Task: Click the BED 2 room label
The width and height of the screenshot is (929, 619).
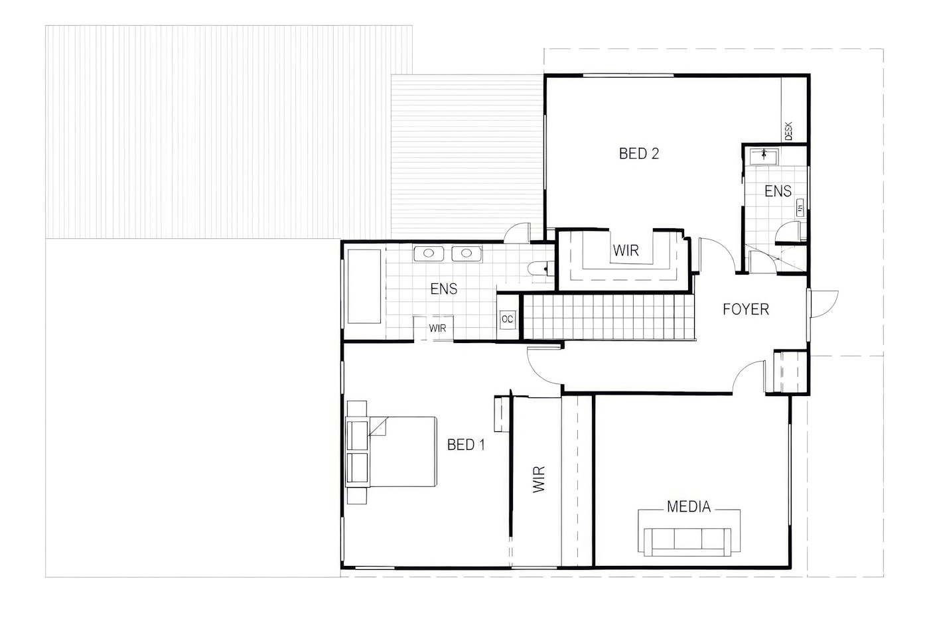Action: [638, 153]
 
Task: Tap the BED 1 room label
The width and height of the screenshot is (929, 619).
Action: [466, 445]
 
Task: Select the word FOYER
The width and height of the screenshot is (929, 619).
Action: [746, 309]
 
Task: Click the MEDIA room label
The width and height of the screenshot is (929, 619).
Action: [689, 508]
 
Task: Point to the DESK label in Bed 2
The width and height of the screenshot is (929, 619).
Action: [789, 131]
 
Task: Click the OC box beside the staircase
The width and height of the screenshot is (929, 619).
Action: [507, 320]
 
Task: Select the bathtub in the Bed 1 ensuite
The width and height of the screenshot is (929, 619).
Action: [364, 287]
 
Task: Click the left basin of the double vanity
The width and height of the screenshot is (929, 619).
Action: [429, 253]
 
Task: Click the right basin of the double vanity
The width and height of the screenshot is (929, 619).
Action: [466, 253]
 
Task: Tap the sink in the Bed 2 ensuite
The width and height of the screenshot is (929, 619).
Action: [764, 156]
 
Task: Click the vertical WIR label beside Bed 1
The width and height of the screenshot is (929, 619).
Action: [539, 479]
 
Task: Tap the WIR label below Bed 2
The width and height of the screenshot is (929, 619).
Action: [625, 250]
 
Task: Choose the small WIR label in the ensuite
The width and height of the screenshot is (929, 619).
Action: [437, 328]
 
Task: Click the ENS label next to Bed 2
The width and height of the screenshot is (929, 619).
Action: [778, 192]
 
